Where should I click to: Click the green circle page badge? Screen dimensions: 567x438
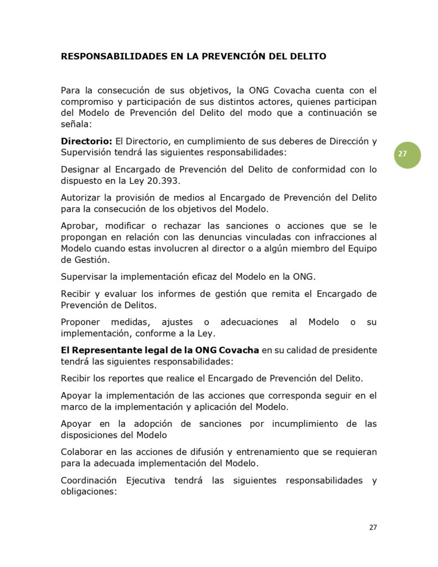pyautogui.click(x=408, y=154)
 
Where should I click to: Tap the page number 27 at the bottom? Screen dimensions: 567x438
pyautogui.click(x=373, y=527)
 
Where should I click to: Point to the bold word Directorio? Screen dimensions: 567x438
pyautogui.click(x=86, y=141)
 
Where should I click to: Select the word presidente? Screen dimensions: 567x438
pyautogui.click(x=352, y=350)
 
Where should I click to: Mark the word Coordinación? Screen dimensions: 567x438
pyautogui.click(x=89, y=481)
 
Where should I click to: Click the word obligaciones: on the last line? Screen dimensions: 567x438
pyautogui.click(x=89, y=491)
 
